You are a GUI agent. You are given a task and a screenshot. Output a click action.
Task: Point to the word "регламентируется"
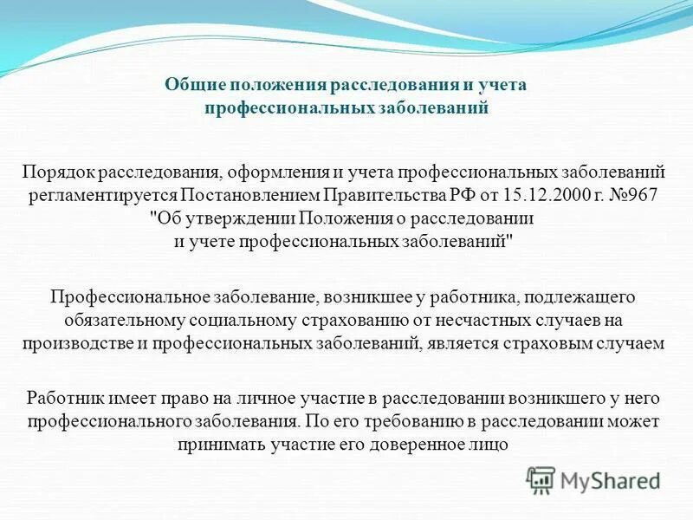[100, 195]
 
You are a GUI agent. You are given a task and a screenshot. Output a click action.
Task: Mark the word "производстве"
[73, 342]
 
